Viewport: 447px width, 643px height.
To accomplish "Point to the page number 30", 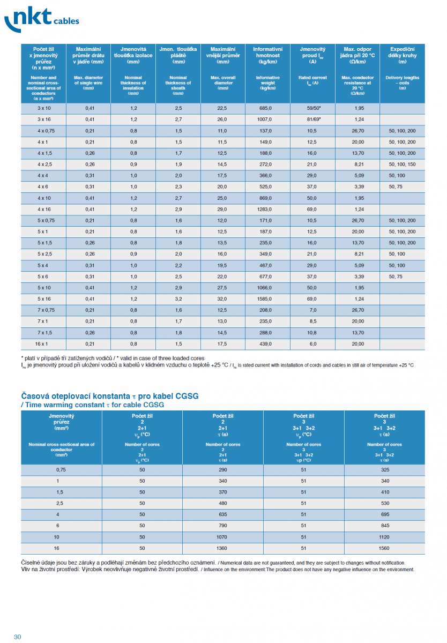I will click(17, 637).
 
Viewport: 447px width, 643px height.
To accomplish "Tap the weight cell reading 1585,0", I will click(266, 299).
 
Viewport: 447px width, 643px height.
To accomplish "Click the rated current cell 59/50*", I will click(313, 108).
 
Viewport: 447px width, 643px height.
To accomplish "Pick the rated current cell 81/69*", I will click(313, 119).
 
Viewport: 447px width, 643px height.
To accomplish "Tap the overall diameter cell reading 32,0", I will click(222, 299).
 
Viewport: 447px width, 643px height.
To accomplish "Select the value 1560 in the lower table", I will click(384, 548).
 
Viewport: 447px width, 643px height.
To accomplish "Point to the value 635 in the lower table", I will click(223, 514).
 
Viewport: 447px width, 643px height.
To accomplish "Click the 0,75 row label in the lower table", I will click(61, 469).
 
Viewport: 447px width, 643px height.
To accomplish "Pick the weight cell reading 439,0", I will click(266, 343).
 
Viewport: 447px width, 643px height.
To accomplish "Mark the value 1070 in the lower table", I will click(223, 537).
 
